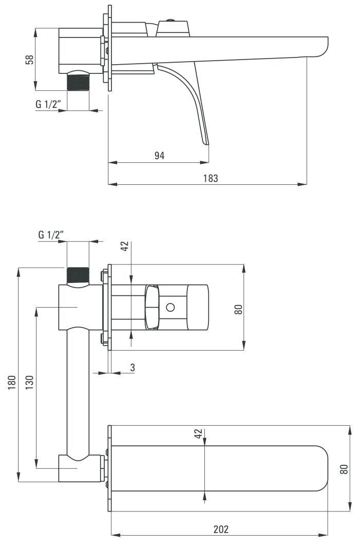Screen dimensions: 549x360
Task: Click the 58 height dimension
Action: pyautogui.click(x=29, y=59)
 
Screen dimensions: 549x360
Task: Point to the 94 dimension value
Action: pyautogui.click(x=159, y=156)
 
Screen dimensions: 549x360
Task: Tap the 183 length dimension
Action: pyautogui.click(x=210, y=178)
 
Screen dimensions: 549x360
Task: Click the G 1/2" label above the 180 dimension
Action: pyautogui.click(x=51, y=235)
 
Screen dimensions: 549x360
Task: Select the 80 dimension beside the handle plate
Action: pyautogui.click(x=238, y=309)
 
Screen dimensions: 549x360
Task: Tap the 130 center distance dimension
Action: pyautogui.click(x=30, y=383)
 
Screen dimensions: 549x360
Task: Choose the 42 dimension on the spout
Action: pyautogui.click(x=198, y=434)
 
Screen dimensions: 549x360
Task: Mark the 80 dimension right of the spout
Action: pyautogui.click(x=344, y=468)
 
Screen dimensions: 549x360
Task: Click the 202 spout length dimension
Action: pyautogui.click(x=221, y=529)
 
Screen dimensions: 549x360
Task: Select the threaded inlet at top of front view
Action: pyautogui.click(x=78, y=275)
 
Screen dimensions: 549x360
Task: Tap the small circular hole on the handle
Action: pyautogui.click(x=170, y=308)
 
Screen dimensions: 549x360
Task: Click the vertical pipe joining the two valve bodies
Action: pyautogui.click(x=78, y=390)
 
